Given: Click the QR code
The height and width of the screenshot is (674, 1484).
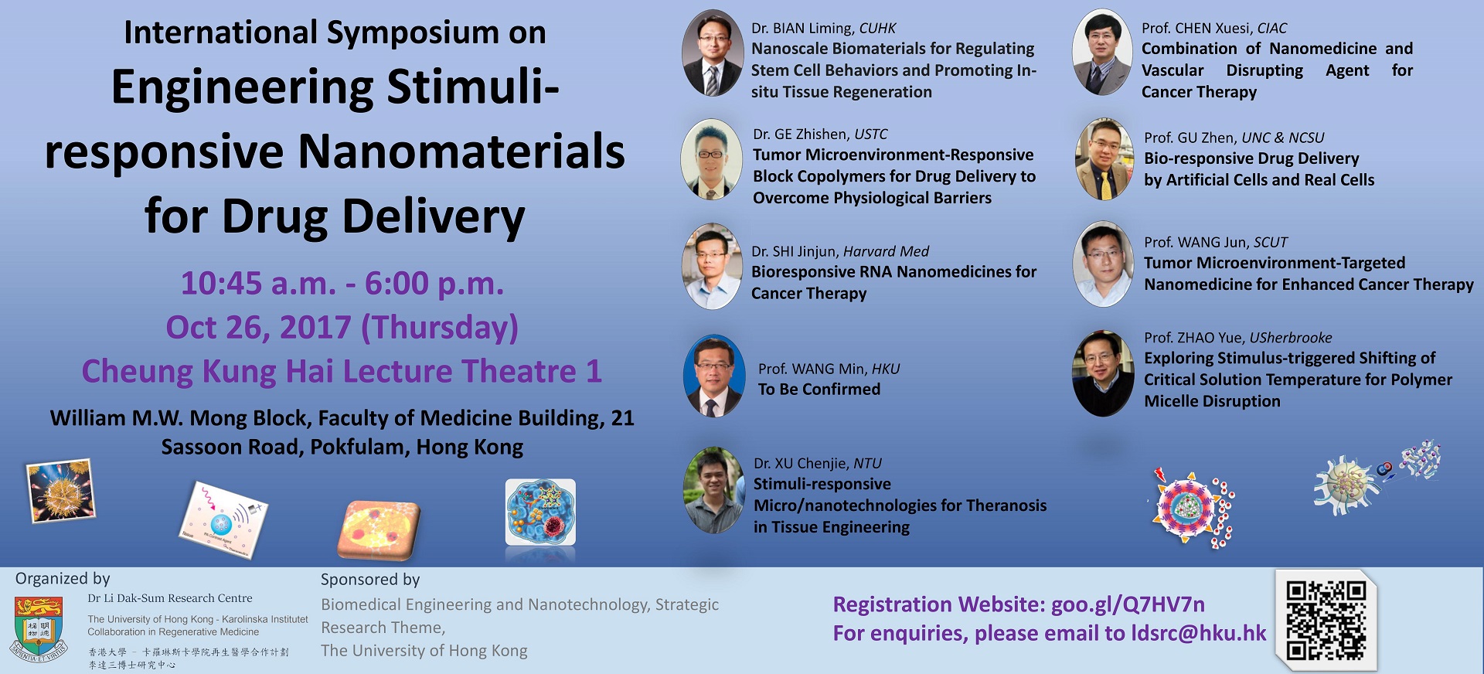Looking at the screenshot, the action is tap(1326, 621).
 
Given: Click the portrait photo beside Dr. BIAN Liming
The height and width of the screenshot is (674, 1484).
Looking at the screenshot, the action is tap(713, 53).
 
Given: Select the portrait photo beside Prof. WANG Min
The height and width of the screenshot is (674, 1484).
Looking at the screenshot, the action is tap(714, 376).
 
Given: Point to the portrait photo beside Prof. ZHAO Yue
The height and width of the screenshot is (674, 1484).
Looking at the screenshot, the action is tap(1103, 373).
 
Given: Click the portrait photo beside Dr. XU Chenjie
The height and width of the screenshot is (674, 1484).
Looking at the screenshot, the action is tap(714, 490).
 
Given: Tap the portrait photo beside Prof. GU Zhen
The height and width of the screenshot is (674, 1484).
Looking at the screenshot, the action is tap(1104, 159).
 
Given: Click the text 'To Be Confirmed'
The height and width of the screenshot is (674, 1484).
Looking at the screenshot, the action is tap(819, 389).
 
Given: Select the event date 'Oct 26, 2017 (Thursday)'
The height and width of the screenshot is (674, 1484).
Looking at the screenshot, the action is tap(342, 327).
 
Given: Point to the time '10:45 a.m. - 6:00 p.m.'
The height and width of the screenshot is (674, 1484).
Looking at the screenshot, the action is tap(342, 283).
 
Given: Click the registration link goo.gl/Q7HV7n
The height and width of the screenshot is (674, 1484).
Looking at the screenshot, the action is tap(1128, 604).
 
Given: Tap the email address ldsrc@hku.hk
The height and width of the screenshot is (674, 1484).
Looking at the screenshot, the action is tap(1199, 633).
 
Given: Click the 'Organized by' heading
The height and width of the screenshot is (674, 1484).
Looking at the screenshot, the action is tap(63, 578).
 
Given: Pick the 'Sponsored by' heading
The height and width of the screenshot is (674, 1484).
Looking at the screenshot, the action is tap(370, 579).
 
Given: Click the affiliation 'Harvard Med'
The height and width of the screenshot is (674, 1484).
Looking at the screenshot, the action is tap(886, 251).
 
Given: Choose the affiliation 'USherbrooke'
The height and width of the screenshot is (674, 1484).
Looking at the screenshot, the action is tap(1291, 338).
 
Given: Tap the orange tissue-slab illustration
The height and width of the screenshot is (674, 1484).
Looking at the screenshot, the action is tap(379, 529).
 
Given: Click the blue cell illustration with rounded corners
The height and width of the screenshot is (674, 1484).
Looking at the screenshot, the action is tap(540, 512).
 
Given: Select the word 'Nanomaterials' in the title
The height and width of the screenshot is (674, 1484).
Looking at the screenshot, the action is tap(461, 151).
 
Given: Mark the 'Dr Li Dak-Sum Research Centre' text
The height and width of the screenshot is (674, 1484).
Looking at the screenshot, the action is tap(170, 598).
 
